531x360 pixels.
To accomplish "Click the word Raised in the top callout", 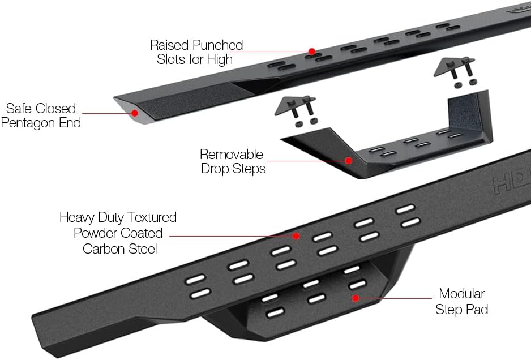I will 169,45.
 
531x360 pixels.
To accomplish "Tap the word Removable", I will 232,155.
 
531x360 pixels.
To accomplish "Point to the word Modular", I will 462,294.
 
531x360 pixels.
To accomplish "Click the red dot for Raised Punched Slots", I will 311,52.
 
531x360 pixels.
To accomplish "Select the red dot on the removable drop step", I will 349,161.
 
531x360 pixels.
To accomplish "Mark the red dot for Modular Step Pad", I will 355,298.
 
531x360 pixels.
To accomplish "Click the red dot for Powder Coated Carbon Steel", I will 296,234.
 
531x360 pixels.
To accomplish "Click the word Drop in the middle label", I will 214,169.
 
